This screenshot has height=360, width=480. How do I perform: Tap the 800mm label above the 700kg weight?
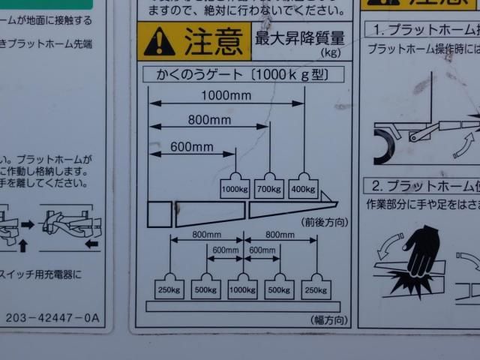pyautogui.click(x=209, y=120)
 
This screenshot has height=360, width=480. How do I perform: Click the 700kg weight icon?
pyautogui.click(x=269, y=187)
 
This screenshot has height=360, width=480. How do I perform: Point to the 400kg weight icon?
pyautogui.click(x=303, y=187)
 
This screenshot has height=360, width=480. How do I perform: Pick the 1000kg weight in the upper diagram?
pyautogui.click(x=235, y=187)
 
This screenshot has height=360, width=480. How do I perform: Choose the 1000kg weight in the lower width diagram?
pyautogui.click(x=242, y=289)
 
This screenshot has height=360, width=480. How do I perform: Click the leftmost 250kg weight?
pyautogui.click(x=170, y=289)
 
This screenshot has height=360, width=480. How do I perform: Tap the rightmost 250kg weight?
pyautogui.click(x=316, y=289)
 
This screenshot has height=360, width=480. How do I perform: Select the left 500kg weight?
pyautogui.click(x=205, y=289)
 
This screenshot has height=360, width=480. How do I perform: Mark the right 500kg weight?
pyautogui.click(x=280, y=289)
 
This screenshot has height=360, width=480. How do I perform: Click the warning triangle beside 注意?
pyautogui.click(x=159, y=42)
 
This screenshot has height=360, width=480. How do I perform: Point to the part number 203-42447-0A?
pyautogui.click(x=52, y=318)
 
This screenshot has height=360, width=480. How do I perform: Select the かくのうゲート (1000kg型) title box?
pyautogui.click(x=242, y=74)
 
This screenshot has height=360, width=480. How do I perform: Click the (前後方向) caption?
pyautogui.click(x=325, y=223)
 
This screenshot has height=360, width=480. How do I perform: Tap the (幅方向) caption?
pyautogui.click(x=328, y=320)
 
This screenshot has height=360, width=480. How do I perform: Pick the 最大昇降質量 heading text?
pyautogui.click(x=300, y=38)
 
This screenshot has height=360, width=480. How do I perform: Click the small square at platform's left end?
pyautogui.click(x=160, y=214)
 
